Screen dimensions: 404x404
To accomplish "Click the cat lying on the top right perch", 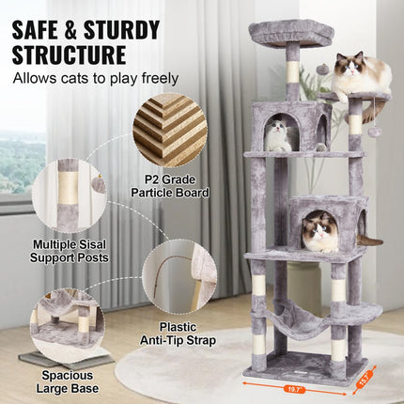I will [361, 75].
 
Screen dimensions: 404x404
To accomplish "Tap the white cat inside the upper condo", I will [278, 136].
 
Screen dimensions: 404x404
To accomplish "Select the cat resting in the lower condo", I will [319, 231].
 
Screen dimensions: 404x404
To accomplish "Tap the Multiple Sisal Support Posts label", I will [69, 249].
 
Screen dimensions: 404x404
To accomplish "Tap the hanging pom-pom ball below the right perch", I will [373, 131].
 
